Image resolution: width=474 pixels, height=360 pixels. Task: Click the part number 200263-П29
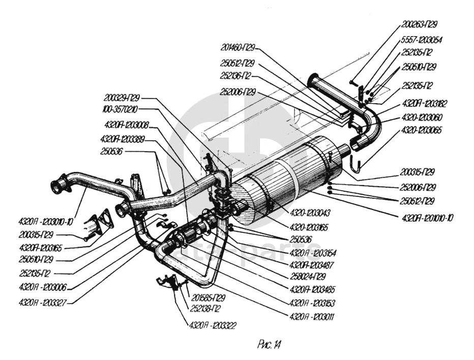coord(419,24)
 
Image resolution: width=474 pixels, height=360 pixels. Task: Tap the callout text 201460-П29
coord(238,49)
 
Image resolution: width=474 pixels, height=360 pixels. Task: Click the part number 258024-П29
coord(308,277)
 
